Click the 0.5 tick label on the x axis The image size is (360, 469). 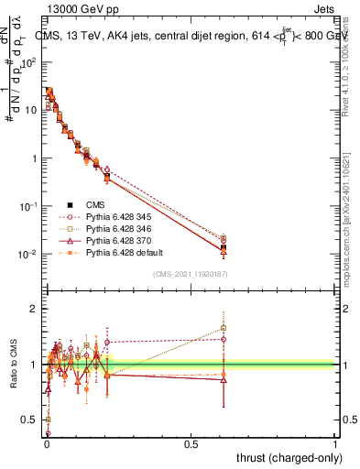pyautogui.click(x=191, y=442)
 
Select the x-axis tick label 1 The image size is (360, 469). pyautogui.click(x=335, y=442)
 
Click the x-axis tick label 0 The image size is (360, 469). pyautogui.click(x=46, y=442)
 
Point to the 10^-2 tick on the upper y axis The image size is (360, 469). pyautogui.click(x=29, y=254)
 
